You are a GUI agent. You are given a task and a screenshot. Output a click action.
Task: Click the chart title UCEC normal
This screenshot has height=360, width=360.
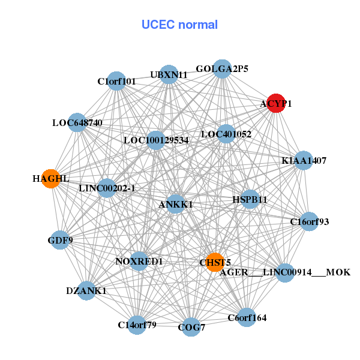[179, 25]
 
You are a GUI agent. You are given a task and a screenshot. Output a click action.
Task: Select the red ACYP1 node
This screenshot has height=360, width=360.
[275, 103]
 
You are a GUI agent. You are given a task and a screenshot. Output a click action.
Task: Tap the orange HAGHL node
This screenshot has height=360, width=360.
[51, 179]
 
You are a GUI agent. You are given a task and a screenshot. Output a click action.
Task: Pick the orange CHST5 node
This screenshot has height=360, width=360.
[215, 262]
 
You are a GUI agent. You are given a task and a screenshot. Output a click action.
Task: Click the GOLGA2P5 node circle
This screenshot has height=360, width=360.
[222, 68]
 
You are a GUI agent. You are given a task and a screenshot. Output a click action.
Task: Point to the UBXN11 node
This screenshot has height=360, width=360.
[169, 74]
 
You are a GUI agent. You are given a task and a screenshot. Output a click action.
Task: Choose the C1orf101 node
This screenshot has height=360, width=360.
[116, 80]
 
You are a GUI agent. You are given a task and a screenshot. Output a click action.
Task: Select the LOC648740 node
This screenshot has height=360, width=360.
[77, 122]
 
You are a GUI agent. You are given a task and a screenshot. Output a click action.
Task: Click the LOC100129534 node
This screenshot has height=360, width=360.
[156, 140]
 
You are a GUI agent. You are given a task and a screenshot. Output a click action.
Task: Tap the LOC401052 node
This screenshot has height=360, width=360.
[226, 133]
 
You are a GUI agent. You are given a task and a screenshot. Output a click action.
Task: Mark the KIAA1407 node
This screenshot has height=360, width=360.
[304, 160]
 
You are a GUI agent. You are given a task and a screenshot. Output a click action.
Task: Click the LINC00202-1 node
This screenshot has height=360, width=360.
[107, 188]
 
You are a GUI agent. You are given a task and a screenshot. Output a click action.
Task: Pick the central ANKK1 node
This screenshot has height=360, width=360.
[176, 204]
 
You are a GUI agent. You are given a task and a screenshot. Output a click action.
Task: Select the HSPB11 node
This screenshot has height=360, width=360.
[250, 199]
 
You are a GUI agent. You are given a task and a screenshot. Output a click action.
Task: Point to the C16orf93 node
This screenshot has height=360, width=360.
[309, 221]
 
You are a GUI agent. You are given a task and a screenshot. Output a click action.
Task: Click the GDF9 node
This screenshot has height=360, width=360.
[60, 240]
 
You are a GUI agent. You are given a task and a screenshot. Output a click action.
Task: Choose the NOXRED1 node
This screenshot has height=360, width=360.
[139, 261]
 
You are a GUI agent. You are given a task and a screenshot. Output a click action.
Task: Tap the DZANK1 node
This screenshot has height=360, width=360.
[86, 290]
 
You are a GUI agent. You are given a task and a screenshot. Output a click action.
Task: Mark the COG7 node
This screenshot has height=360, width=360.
[191, 327]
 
